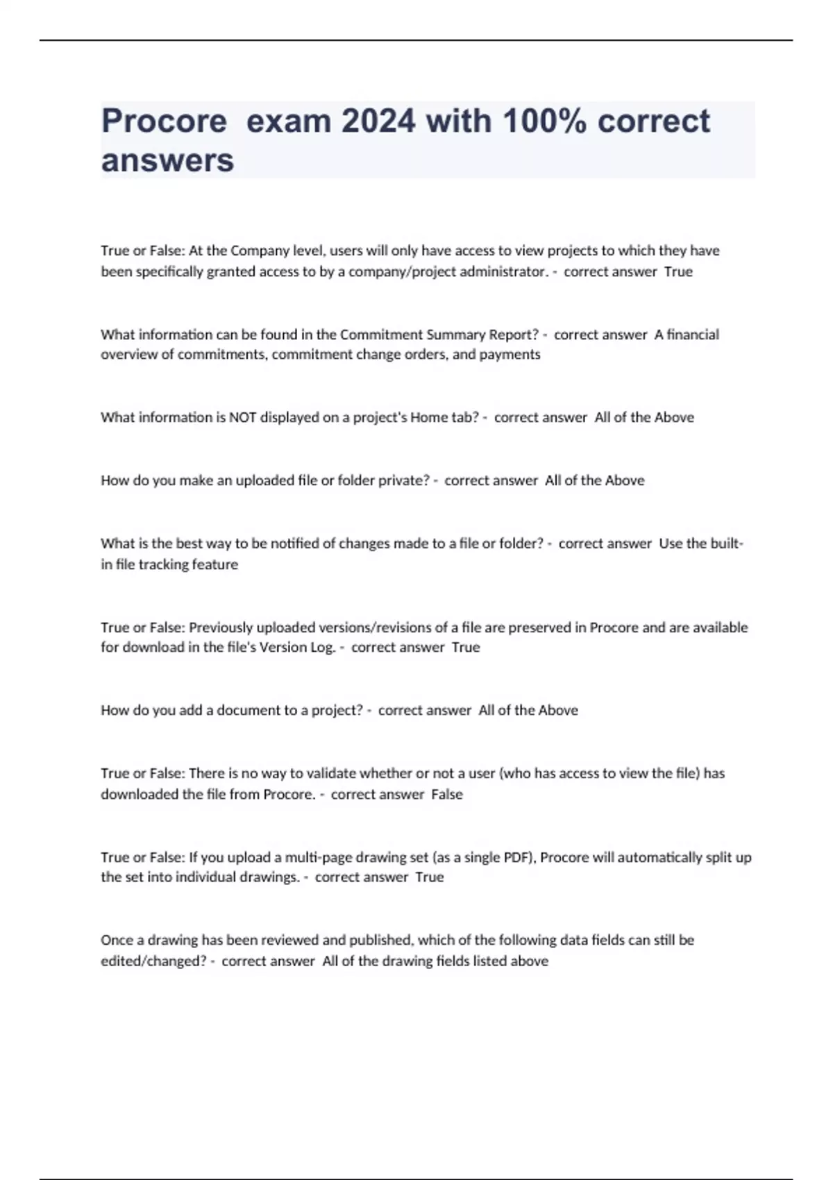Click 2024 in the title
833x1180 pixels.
pyautogui.click(x=378, y=121)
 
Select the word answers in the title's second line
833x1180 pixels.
pyautogui.click(x=167, y=160)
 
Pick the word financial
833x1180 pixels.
pyautogui.click(x=693, y=335)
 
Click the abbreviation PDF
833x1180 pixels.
pyautogui.click(x=516, y=857)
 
